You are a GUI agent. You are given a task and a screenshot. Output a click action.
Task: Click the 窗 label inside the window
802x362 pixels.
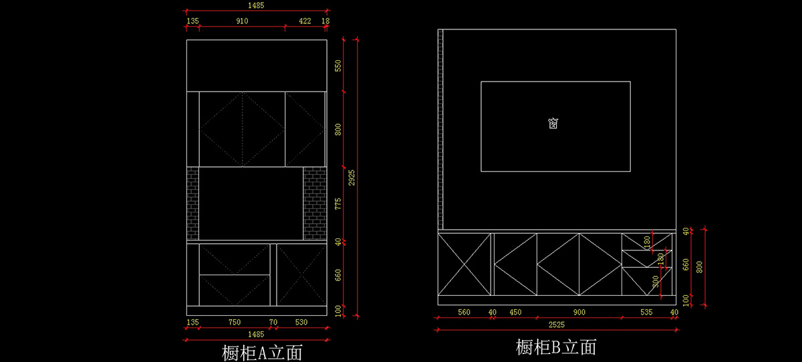tap(553, 124)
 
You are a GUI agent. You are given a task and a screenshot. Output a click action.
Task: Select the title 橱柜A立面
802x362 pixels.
tap(262, 352)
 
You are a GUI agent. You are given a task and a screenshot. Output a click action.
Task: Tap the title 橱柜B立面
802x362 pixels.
tap(556, 347)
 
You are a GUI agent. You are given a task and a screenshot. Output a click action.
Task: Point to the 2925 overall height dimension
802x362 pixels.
tap(352, 177)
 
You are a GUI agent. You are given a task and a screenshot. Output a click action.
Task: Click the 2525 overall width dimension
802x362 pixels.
tap(556, 325)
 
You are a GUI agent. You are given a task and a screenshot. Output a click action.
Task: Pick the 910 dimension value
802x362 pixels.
tap(242, 21)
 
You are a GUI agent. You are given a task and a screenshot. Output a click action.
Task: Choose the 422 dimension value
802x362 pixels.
tap(305, 21)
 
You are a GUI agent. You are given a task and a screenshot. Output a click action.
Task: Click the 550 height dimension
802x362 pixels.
tap(338, 65)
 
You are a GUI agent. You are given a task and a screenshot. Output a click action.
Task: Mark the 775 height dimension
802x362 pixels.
tap(338, 203)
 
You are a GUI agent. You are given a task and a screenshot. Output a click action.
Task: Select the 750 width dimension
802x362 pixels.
tap(235, 323)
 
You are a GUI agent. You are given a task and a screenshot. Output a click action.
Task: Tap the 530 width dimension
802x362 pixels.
tap(301, 323)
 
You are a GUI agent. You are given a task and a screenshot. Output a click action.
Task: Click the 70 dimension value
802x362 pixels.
tap(273, 323)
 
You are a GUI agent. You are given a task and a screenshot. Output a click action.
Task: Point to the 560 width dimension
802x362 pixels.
tap(463, 312)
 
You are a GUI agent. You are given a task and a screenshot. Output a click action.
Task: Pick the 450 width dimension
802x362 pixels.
tap(515, 312)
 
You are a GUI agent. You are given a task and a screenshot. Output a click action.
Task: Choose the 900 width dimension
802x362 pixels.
tap(579, 312)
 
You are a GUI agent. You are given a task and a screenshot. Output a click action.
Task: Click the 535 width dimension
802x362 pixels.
tap(646, 312)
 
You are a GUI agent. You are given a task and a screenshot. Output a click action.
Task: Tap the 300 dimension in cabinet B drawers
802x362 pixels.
tap(656, 282)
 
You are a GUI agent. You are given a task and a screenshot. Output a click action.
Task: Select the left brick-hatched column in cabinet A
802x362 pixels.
tap(192, 203)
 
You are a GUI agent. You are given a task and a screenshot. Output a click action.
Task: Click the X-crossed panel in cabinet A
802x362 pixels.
tap(301, 275)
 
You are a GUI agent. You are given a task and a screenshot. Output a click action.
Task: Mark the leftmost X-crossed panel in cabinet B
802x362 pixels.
tap(464, 264)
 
